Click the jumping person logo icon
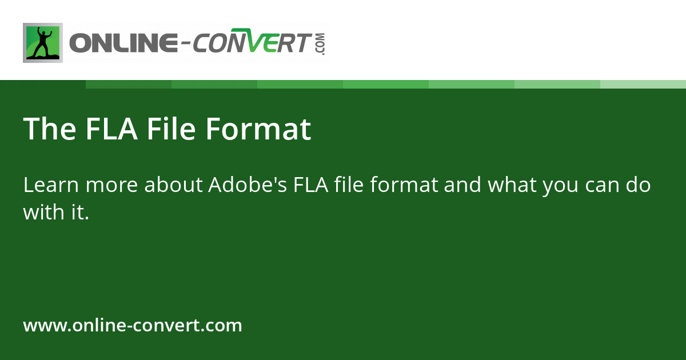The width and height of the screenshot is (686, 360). click(x=43, y=43)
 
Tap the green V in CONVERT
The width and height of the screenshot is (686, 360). click(x=256, y=43)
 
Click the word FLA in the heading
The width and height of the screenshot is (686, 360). click(x=111, y=129)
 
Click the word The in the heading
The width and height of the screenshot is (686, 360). click(x=50, y=129)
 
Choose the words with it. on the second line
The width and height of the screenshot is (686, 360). click(x=56, y=213)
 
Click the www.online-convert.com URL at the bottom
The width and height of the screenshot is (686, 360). click(x=133, y=326)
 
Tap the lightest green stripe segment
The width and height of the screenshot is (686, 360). click(x=643, y=84)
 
